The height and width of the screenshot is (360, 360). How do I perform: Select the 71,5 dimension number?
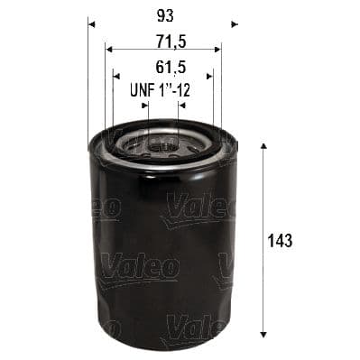[x=162, y=42]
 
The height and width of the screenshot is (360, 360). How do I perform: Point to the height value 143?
[x=282, y=241]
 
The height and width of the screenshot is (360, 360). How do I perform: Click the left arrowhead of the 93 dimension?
[x=91, y=23]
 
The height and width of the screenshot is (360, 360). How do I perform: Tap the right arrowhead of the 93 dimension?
[x=234, y=23]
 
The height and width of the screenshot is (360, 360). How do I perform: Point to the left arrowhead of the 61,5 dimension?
[x=115, y=76]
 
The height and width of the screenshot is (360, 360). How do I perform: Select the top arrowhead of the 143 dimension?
[x=262, y=146]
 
